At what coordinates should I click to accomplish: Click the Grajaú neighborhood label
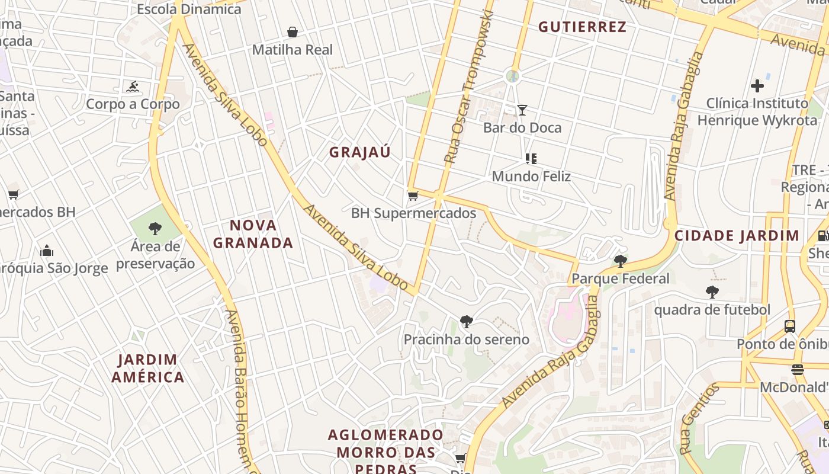tap(360, 152)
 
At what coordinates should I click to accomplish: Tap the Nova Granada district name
tap(253, 234)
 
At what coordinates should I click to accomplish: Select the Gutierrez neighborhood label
tap(582, 27)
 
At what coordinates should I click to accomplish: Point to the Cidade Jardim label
tap(737, 235)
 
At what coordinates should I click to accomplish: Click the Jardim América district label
tap(147, 368)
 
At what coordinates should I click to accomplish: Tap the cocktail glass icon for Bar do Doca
tap(522, 110)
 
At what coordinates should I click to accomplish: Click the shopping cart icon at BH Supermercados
tap(413, 196)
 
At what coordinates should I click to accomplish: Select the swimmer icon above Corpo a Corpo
tap(133, 87)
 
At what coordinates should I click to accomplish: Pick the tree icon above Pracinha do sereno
tap(466, 322)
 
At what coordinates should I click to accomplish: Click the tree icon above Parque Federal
tap(620, 261)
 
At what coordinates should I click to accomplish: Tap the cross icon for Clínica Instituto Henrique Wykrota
tap(757, 86)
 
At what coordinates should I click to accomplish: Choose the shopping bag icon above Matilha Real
tap(292, 32)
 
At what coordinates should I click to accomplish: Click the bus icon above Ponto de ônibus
tap(789, 326)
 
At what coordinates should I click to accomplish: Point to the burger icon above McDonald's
tap(797, 370)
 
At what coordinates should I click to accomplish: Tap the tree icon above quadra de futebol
tap(712, 292)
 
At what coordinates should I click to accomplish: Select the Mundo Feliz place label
tap(531, 177)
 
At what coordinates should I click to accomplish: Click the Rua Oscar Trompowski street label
tap(468, 88)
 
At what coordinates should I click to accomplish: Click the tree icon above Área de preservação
tap(155, 228)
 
